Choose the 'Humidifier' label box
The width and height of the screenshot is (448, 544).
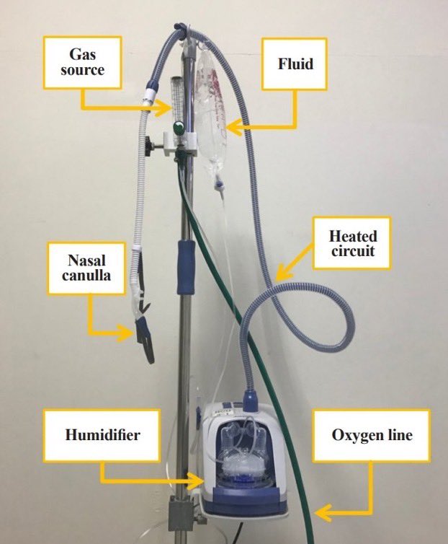click(x=101, y=435)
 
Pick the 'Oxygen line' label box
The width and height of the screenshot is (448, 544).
click(x=372, y=436)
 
